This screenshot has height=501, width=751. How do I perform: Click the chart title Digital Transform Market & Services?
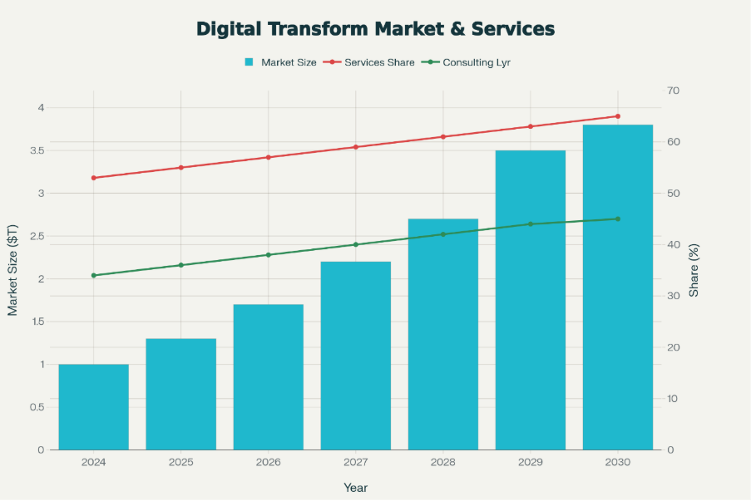point(375,29)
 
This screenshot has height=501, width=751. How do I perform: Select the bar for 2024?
point(93,407)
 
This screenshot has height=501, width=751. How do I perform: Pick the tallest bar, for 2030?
point(617,287)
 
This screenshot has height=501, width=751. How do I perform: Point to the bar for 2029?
point(530,300)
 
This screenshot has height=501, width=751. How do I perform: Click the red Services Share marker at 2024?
point(93,178)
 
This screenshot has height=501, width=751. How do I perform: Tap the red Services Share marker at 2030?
point(617,116)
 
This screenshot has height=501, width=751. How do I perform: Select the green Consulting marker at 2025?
point(180,265)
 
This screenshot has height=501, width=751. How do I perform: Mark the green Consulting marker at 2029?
point(530,224)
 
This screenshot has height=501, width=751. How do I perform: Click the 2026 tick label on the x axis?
point(268,463)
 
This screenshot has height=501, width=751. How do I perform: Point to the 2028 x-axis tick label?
point(442,463)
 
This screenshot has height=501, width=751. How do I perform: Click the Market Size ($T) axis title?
point(12,270)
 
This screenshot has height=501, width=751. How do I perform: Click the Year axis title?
point(355,488)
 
